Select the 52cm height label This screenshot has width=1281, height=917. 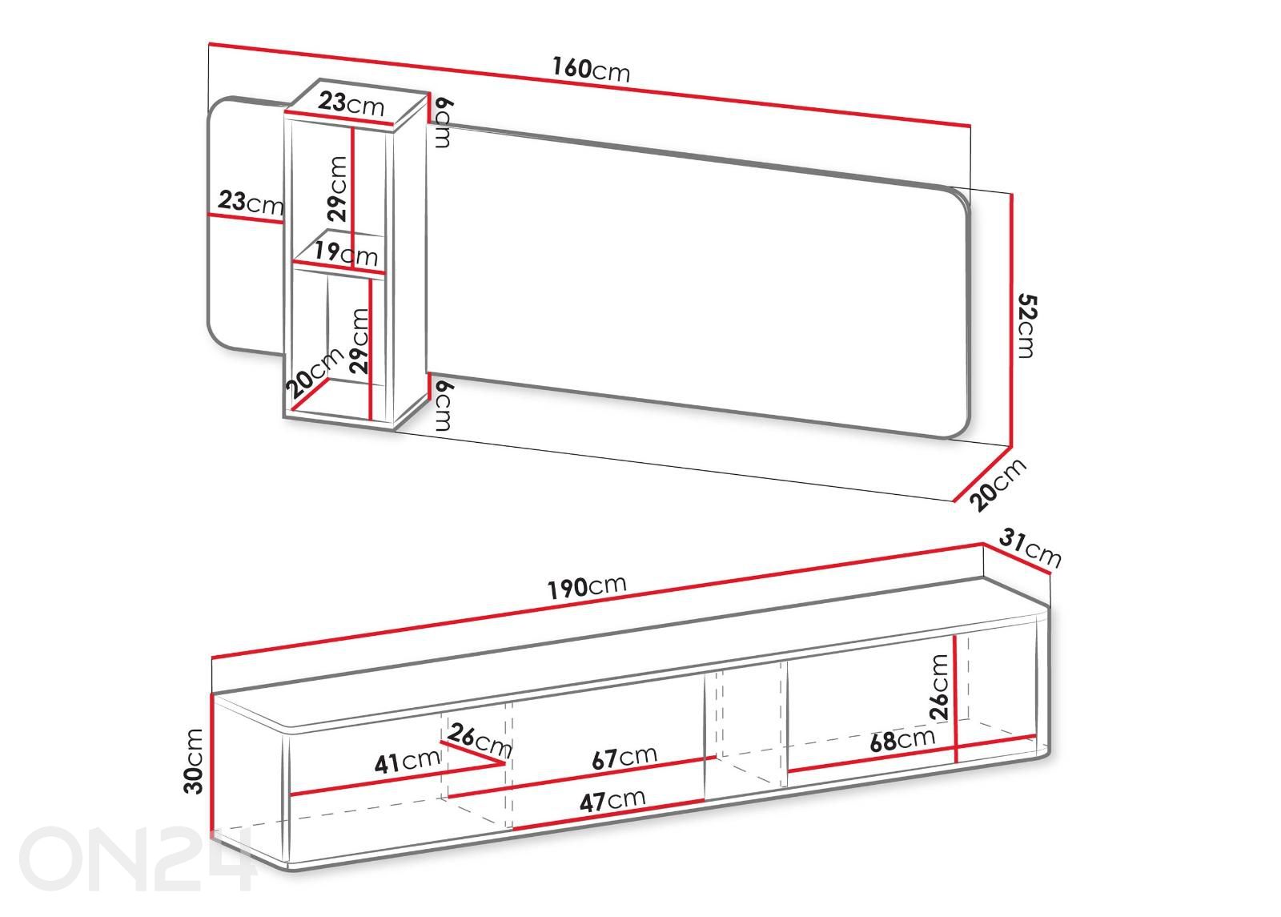(1027, 325)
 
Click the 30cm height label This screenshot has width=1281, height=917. (194, 761)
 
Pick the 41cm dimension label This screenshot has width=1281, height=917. (408, 761)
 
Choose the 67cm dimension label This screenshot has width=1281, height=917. (624, 758)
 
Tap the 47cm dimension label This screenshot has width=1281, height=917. (612, 800)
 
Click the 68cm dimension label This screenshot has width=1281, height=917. (902, 740)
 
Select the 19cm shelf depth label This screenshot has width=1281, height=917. (346, 253)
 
